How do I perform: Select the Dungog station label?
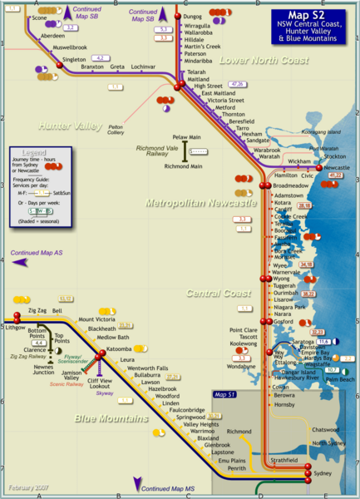(193, 17)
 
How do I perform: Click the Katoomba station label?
(119, 348)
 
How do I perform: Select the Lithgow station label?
(16, 328)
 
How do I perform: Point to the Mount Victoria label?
(97, 319)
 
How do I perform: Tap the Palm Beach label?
(338, 379)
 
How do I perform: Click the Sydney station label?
(323, 473)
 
